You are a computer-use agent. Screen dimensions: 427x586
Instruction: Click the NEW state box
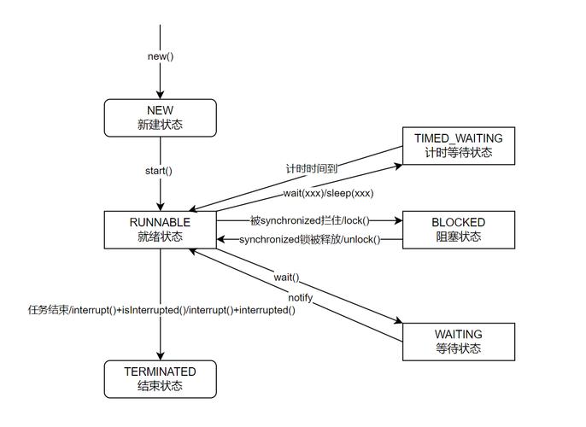[x=160, y=117]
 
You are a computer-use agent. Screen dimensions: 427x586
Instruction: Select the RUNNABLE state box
[x=160, y=229]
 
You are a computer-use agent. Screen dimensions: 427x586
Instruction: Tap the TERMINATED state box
[x=160, y=378]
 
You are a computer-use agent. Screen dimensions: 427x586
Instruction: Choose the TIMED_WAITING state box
[x=459, y=146]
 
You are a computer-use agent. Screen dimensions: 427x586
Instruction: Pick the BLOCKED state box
[x=459, y=229]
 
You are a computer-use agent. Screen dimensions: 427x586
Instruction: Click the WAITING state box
[x=459, y=341]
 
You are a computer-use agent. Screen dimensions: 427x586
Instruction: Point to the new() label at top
[x=160, y=56]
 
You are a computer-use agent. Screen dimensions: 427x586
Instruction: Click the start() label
[x=159, y=170]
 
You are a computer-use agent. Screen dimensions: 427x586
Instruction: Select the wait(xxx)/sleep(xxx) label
[x=328, y=194]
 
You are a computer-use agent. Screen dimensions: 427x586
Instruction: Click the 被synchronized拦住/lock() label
[x=308, y=221]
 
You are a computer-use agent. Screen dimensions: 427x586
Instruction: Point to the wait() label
[x=286, y=278]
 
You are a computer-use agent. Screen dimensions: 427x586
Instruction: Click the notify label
[x=300, y=297]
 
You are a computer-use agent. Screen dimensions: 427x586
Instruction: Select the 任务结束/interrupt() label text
[x=161, y=310]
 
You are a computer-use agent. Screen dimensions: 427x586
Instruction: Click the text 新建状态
[x=160, y=125]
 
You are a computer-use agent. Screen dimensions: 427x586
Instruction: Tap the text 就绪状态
[x=160, y=237]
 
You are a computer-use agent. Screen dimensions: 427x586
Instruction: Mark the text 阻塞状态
[x=459, y=237]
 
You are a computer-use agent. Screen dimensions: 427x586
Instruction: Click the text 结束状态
[x=160, y=386]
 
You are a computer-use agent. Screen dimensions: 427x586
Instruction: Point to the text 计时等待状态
[x=459, y=154]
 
